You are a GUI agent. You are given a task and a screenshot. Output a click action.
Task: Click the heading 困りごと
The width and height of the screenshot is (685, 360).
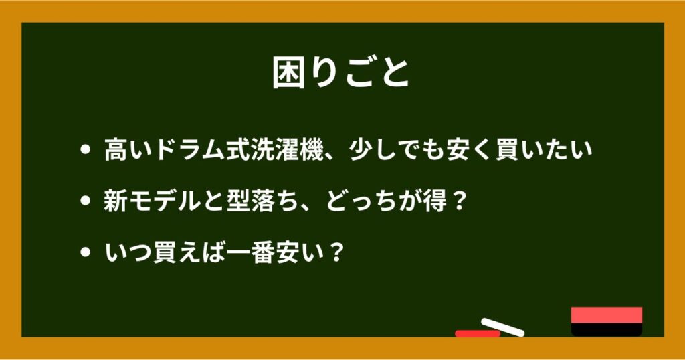(341, 73)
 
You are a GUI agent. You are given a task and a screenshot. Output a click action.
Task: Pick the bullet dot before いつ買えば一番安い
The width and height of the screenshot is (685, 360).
(84, 253)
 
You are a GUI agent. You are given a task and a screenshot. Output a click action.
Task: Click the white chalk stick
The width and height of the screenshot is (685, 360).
(502, 326)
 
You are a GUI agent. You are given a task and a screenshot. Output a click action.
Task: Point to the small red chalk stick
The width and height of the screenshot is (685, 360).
(477, 333)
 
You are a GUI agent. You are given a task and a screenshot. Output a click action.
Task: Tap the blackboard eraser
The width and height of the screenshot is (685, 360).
(607, 321)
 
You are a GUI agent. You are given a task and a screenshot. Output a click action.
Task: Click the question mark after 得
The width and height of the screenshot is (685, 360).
(458, 201)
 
